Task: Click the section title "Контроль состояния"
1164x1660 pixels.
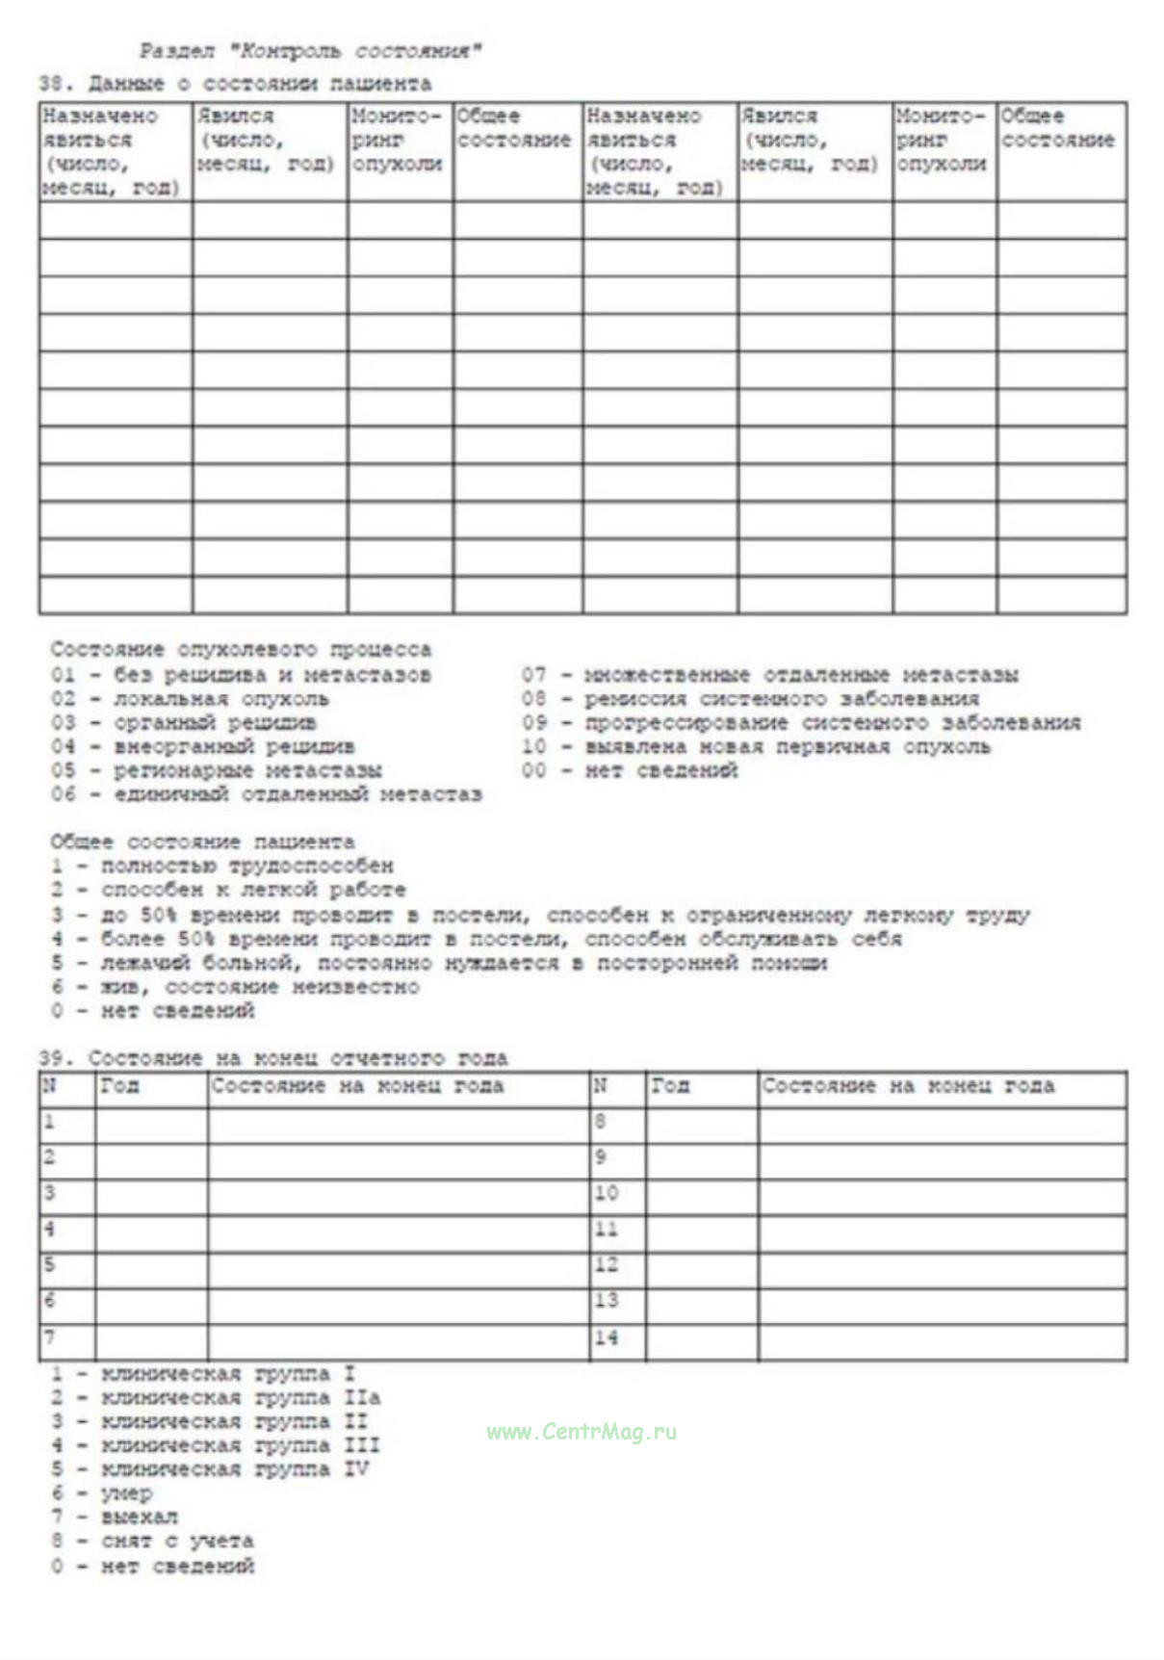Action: coord(310,51)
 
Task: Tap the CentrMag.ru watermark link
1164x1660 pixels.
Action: coord(582,1432)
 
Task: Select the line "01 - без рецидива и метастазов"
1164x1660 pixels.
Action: coord(241,675)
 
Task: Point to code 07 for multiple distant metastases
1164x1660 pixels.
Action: coord(769,675)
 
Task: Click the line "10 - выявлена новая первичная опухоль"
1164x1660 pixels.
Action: coord(756,746)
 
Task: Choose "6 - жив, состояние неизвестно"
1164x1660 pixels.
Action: coord(236,987)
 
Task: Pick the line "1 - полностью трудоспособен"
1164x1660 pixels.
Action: coord(222,866)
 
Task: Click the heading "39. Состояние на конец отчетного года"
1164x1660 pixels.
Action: coord(272,1058)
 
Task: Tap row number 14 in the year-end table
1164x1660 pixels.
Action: coord(606,1337)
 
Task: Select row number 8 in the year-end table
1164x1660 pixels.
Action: coord(601,1122)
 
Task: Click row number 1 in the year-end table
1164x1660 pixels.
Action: coord(50,1122)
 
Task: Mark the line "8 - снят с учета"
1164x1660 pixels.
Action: coord(153,1542)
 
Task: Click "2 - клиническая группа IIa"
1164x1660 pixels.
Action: coord(217,1397)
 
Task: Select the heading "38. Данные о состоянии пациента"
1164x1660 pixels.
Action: coord(235,84)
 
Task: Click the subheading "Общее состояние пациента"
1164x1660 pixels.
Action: coord(202,843)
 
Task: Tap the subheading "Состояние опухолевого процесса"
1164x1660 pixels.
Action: coord(241,650)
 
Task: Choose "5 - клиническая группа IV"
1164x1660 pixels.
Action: coord(211,1469)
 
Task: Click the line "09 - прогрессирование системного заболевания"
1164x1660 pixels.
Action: coord(801,722)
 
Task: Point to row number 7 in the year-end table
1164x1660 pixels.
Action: coord(50,1337)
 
